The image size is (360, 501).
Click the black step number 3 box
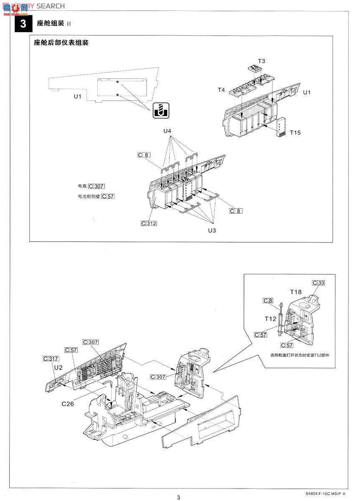23,23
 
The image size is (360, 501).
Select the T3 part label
261,61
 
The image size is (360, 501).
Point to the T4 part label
221,90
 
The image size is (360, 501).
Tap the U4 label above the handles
167,131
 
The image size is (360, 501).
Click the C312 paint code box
149,223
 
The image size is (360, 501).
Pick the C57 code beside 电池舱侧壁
107,196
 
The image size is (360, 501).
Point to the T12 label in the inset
270,318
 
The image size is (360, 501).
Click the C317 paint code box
51,359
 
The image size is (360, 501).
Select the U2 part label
58,367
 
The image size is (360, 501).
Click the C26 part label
68,404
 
